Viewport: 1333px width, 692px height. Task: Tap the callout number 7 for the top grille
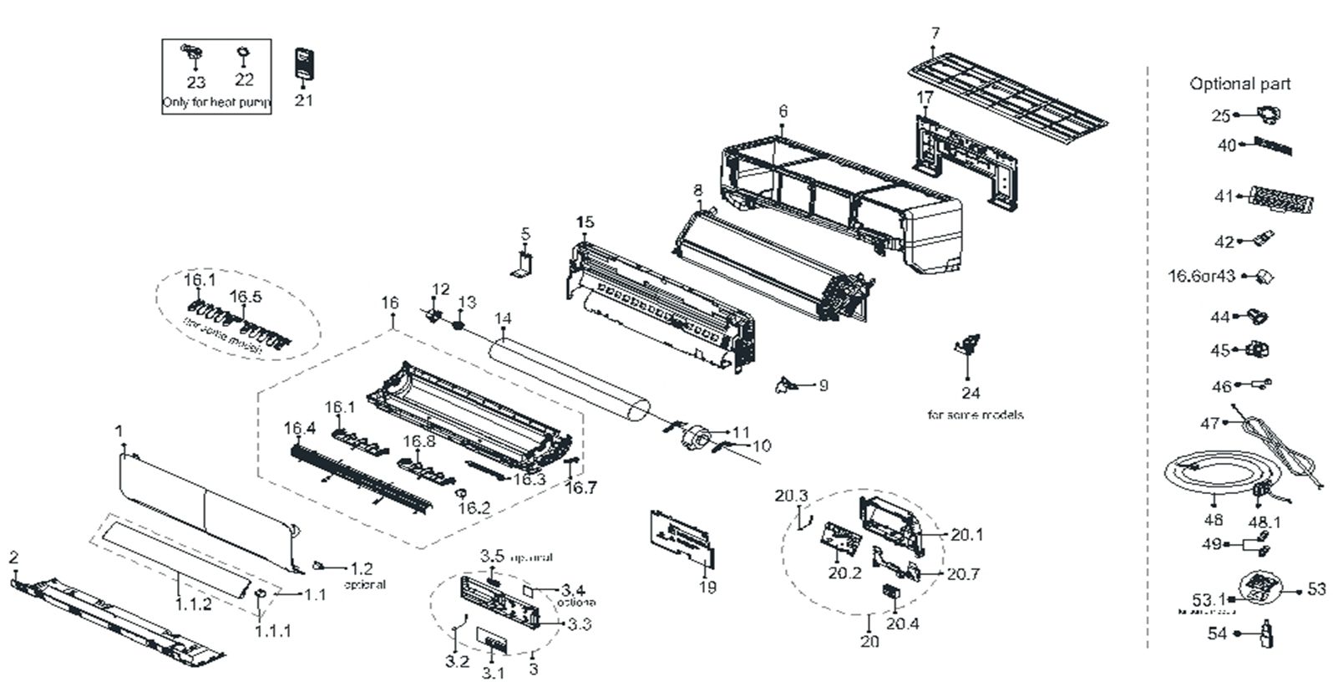pos(935,33)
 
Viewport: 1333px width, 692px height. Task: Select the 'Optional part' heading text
pos(1239,84)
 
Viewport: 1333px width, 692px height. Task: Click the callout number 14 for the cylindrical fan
pos(503,318)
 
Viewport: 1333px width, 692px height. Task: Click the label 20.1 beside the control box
pos(966,535)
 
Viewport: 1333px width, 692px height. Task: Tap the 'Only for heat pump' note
pos(216,103)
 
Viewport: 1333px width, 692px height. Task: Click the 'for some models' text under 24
pos(975,415)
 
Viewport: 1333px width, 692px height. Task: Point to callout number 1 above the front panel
pos(119,431)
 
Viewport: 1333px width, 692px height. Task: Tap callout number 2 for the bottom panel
pos(13,557)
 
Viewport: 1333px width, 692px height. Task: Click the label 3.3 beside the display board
pos(579,623)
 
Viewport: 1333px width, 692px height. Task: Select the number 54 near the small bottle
pos(1217,633)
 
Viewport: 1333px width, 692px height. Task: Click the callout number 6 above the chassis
pos(783,111)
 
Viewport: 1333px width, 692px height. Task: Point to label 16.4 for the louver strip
pos(299,429)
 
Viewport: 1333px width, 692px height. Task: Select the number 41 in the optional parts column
pos(1224,197)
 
